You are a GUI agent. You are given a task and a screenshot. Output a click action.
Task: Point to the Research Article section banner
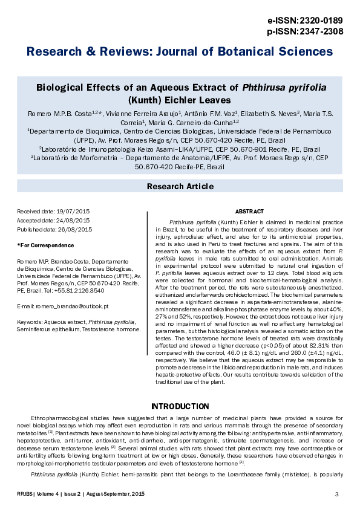tap(180, 187)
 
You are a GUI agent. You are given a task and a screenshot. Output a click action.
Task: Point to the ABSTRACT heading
tap(249, 212)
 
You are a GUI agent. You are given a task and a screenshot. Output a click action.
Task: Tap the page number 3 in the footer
tap(336, 495)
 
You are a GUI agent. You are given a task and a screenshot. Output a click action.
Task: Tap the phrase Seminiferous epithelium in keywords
tap(48, 331)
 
